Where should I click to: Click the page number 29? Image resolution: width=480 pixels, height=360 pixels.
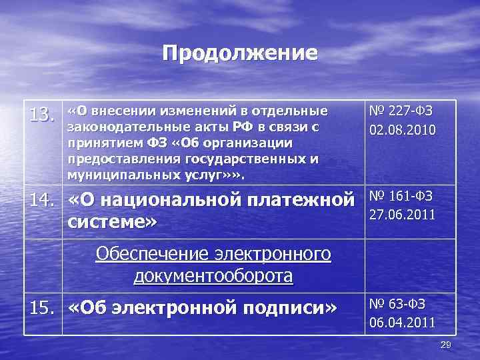(x=446, y=344)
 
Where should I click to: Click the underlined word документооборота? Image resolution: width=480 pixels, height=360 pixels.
(x=213, y=275)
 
